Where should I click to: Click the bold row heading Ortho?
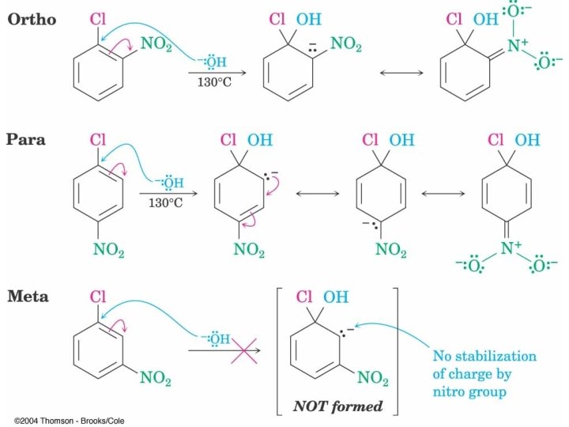tap(32, 20)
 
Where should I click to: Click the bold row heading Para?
tap(27, 139)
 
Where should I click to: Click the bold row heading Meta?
tap(28, 297)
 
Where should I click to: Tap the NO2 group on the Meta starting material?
tap(156, 378)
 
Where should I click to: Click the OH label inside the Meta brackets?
tap(336, 297)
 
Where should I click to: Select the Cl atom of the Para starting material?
tap(98, 139)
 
